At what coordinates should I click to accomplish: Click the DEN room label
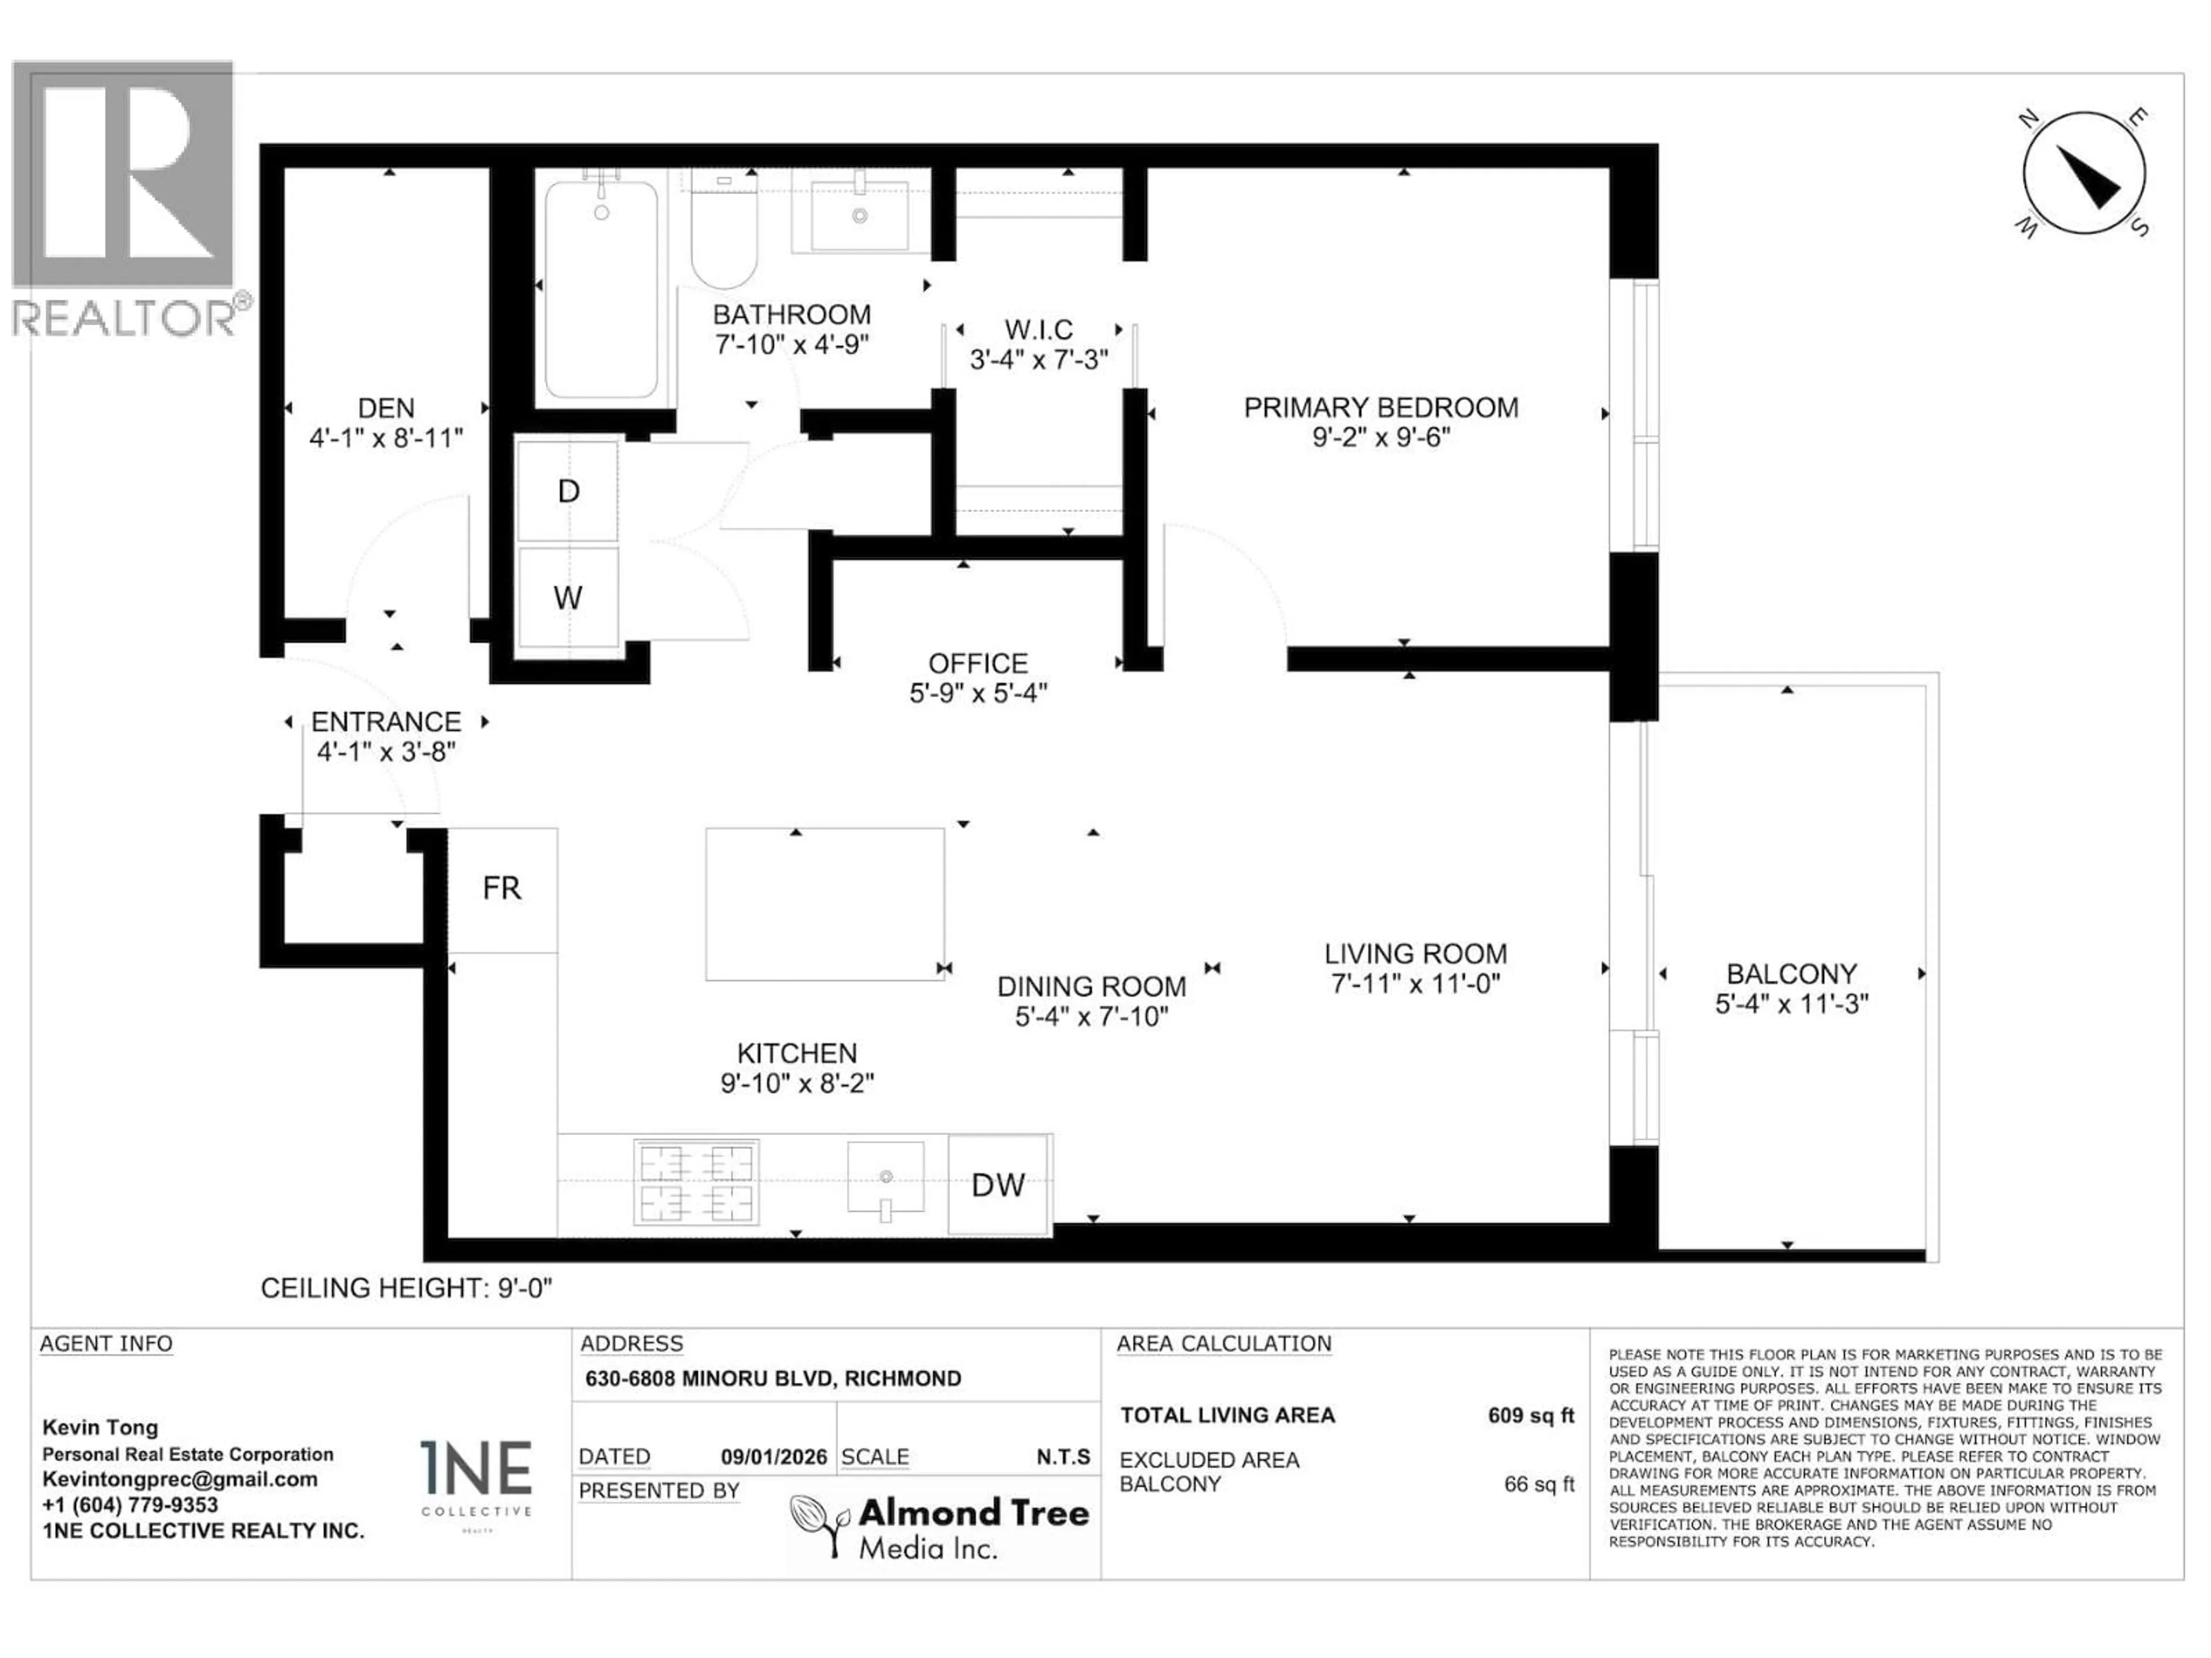[386, 408]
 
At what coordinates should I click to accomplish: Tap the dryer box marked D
[568, 490]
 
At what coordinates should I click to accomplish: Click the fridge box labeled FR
[502, 888]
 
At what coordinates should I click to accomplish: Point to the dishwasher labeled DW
[998, 1185]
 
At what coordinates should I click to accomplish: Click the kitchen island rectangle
[825, 903]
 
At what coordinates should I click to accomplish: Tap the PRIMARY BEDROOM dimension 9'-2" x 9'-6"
[1380, 438]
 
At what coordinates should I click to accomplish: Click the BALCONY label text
[1791, 973]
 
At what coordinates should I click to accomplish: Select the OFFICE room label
[978, 664]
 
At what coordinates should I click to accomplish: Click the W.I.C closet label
[1039, 330]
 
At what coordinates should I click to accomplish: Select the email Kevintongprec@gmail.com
[179, 1479]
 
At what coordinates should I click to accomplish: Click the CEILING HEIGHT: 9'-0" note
[406, 1288]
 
